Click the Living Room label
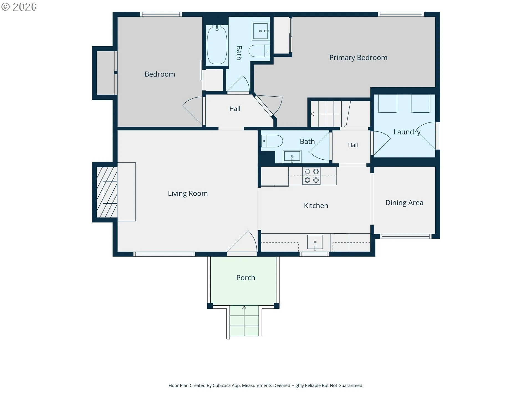tap(188, 193)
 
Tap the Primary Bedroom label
tap(358, 58)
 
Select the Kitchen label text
tap(316, 206)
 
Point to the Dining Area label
tap(404, 203)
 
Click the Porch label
tap(245, 278)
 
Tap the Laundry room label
tap(407, 132)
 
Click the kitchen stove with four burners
tap(311, 176)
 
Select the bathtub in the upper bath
tap(217, 45)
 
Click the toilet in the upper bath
tap(259, 51)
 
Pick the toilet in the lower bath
tap(272, 141)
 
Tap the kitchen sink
tap(315, 242)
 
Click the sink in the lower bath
tap(292, 156)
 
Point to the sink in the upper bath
tap(261, 31)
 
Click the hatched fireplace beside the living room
tap(107, 192)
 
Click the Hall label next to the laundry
tap(353, 145)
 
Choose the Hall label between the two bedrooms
tap(235, 109)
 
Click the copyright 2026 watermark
tap(19, 7)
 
